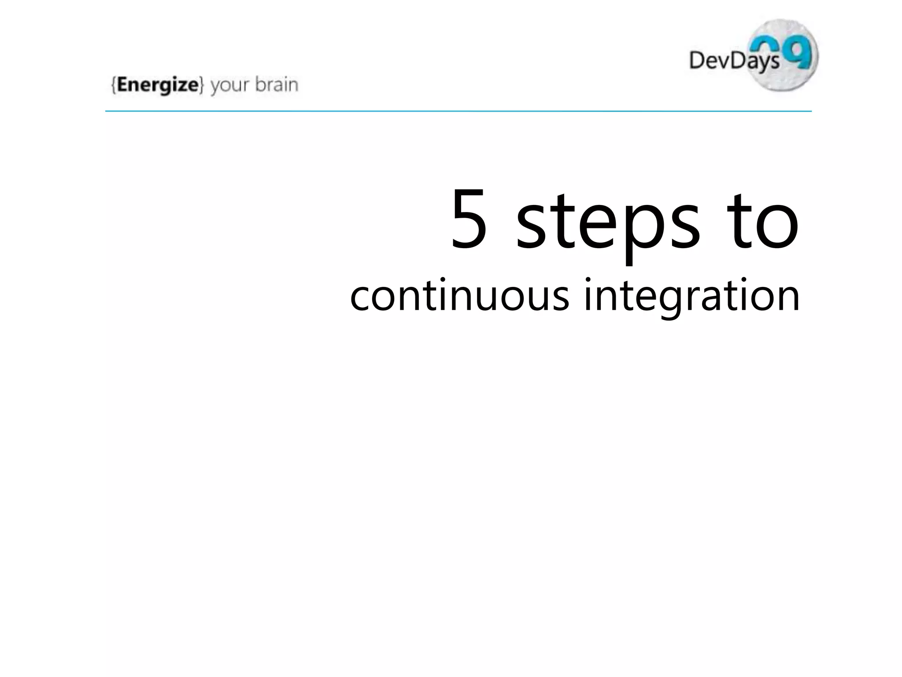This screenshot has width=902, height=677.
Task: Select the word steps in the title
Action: tap(608, 223)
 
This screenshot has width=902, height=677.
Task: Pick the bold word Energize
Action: tap(158, 85)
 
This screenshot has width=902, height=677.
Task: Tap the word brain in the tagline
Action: tap(277, 84)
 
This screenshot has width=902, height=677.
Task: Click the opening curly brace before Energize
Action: tap(114, 85)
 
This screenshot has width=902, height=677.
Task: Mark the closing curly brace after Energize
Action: tap(201, 85)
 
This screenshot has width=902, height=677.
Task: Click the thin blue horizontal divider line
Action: tap(458, 112)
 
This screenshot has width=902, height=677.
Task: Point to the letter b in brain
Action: tap(260, 84)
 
